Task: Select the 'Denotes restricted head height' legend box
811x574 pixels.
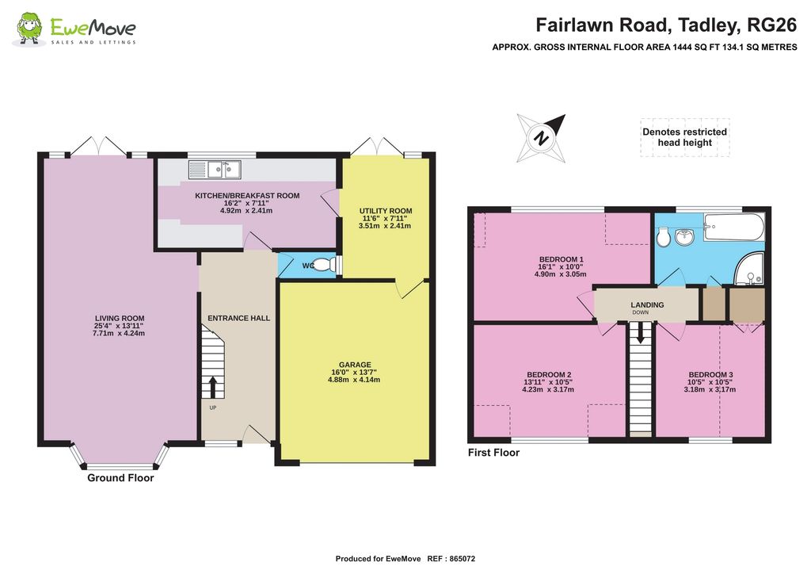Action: click(x=684, y=137)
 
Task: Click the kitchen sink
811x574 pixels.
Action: click(x=215, y=169)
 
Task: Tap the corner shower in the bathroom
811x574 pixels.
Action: click(x=748, y=269)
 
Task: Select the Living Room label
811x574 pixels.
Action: click(x=120, y=319)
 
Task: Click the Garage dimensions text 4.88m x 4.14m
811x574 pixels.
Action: click(x=356, y=380)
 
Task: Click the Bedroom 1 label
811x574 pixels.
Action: click(x=561, y=259)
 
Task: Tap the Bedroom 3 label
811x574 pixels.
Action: click(x=710, y=375)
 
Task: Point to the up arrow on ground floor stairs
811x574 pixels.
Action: click(x=212, y=387)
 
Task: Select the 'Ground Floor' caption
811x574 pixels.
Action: click(x=120, y=478)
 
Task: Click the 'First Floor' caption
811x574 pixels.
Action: click(x=493, y=453)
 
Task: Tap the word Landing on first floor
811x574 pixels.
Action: click(x=647, y=304)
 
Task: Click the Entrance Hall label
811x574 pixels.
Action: click(x=238, y=318)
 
